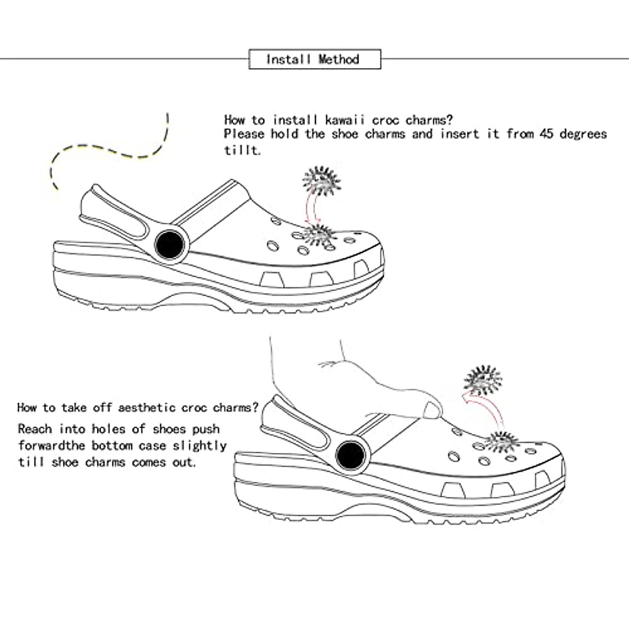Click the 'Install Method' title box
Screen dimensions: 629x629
pos(314,59)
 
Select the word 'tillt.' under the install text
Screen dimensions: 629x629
pos(242,150)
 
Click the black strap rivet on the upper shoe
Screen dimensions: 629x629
pos(170,244)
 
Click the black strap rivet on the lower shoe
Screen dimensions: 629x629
pos(350,455)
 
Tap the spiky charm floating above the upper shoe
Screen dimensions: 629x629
pos(322,181)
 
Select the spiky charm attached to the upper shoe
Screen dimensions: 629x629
pos(319,234)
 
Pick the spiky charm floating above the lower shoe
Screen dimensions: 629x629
pos(483,379)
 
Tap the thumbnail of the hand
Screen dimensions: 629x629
pos(432,409)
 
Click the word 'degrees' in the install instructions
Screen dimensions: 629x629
pos(583,134)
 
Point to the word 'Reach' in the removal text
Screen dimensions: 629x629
pos(35,429)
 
